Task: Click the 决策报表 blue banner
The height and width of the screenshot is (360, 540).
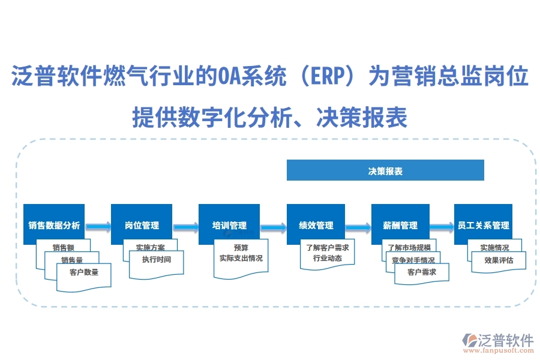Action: click(385, 170)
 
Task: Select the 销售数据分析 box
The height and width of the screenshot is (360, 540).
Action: click(54, 225)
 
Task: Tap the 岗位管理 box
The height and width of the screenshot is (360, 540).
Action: click(142, 225)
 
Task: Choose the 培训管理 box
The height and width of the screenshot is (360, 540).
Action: click(229, 225)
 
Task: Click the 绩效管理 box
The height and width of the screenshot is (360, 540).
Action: click(316, 225)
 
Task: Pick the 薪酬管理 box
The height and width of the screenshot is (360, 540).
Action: click(401, 225)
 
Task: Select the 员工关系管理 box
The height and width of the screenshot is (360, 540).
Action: click(483, 225)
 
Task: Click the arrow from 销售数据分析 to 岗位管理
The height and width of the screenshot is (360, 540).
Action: click(98, 227)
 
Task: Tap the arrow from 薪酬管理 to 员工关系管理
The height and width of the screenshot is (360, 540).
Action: click(442, 227)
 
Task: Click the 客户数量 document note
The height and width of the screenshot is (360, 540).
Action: click(84, 273)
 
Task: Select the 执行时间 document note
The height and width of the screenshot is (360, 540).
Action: click(157, 260)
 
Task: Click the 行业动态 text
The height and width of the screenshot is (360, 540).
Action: click(327, 259)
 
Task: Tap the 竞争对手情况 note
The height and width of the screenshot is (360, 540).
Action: click(413, 260)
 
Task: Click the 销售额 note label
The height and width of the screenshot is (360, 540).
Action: click(63, 247)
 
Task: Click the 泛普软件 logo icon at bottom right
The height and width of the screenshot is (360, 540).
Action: click(469, 341)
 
